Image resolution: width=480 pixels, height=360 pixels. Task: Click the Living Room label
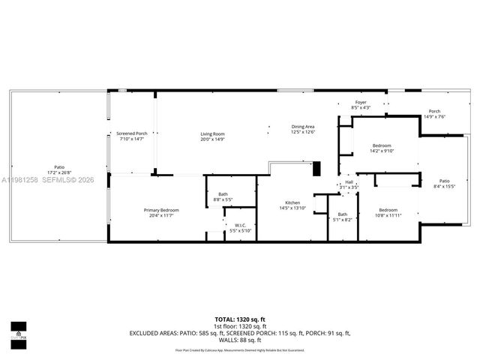coord(212,134)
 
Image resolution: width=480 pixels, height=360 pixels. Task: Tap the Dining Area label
coord(303,127)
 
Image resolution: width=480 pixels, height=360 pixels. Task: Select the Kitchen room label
coord(292,203)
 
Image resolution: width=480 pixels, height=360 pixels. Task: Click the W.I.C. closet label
coord(240,225)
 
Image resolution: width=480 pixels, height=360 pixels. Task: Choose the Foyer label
coord(360,102)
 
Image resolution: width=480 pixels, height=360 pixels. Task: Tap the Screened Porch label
coord(131,134)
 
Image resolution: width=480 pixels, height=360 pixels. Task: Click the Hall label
coord(349,181)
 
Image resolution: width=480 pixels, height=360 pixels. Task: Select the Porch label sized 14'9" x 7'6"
coord(434,116)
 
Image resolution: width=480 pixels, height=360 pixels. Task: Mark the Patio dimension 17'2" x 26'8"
coord(58,172)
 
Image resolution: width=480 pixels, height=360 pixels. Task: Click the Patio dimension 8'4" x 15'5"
coord(444,186)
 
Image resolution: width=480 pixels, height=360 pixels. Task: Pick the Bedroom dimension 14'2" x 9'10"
coord(382,150)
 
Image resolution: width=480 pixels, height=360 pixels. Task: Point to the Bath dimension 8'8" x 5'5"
coord(223,199)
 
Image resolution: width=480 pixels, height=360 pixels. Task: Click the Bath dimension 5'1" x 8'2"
coord(341,220)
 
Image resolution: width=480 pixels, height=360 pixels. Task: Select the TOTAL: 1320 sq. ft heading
coord(239,319)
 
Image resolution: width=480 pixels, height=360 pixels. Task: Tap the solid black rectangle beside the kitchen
coord(316,169)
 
